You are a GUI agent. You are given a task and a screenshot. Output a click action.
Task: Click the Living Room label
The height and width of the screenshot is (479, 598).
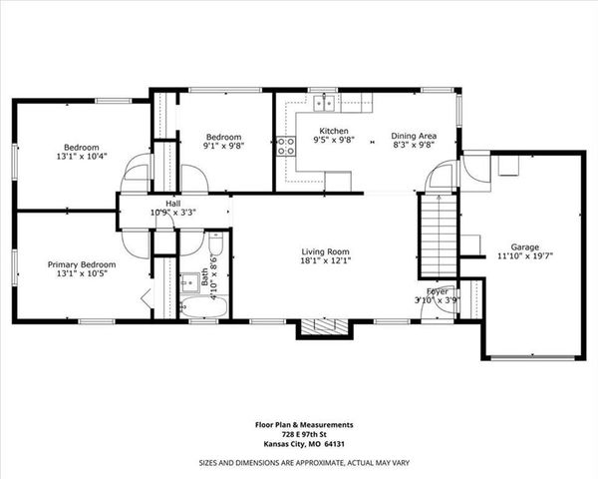tap(326, 251)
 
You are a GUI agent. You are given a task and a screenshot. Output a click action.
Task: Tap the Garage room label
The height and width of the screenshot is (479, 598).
tap(524, 245)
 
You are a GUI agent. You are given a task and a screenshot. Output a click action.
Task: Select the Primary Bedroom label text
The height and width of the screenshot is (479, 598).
tap(82, 264)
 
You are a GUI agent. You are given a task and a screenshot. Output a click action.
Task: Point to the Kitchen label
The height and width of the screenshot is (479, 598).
tap(333, 132)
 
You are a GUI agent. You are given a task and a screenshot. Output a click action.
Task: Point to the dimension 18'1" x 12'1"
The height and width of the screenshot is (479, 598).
tap(326, 261)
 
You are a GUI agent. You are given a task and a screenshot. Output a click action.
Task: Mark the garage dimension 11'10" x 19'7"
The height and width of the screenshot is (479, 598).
tap(524, 255)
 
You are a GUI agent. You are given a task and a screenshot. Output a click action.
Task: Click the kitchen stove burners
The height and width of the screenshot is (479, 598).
tap(285, 147)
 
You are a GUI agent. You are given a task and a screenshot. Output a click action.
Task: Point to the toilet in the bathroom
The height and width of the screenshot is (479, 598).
tap(215, 246)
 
